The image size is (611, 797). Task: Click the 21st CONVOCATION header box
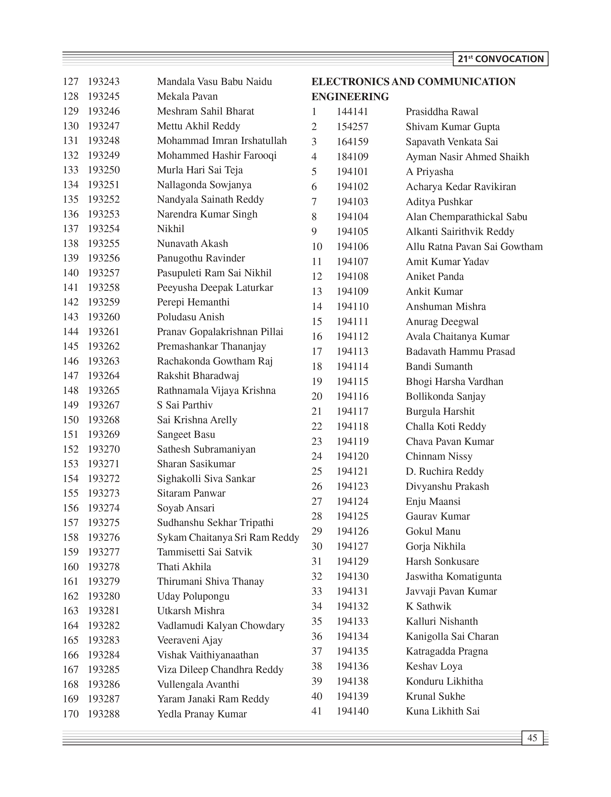[x=501, y=59]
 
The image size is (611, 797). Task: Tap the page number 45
[x=532, y=738]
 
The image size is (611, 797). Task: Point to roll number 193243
[x=104, y=82]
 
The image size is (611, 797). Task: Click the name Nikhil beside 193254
[x=171, y=229]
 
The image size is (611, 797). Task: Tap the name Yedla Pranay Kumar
[x=202, y=714]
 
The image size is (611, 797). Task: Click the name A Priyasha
[x=430, y=172]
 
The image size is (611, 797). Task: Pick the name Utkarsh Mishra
[x=191, y=611]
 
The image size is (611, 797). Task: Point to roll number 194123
[x=352, y=486]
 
